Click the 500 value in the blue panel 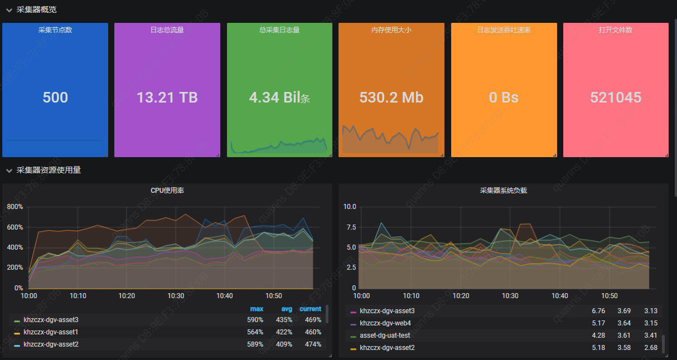(55, 98)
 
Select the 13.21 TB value (167, 98)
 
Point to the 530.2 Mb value (391, 98)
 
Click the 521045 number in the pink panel (616, 98)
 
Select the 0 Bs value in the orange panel (504, 98)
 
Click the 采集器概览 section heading (36, 9)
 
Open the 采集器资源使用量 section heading (49, 170)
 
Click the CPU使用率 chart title (167, 191)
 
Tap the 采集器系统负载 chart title (503, 191)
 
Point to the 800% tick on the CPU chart (14, 207)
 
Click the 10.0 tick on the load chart (350, 207)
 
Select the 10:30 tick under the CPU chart (176, 296)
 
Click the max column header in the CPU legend (257, 309)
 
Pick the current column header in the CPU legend (310, 309)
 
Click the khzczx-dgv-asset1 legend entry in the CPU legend (51, 332)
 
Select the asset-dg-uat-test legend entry (385, 335)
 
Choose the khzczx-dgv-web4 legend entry (385, 323)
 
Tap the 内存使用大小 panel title (391, 30)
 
